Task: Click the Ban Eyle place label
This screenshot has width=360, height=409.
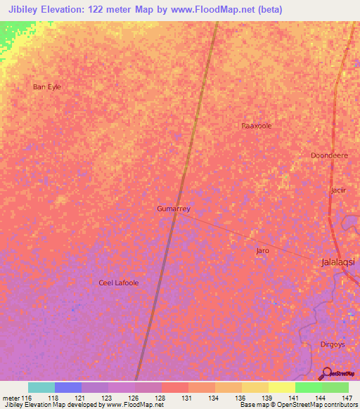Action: pyautogui.click(x=47, y=86)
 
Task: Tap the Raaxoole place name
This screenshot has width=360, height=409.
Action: pyautogui.click(x=257, y=126)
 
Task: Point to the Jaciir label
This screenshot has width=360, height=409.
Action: pyautogui.click(x=339, y=190)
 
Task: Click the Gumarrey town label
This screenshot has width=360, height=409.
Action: pyautogui.click(x=174, y=209)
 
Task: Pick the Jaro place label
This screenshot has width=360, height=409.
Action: pyautogui.click(x=262, y=250)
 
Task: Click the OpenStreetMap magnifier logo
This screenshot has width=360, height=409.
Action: pyautogui.click(x=326, y=373)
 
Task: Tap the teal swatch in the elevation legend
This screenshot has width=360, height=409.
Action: pyautogui.click(x=41, y=387)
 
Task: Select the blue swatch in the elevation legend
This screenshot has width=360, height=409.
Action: pyautogui.click(x=68, y=387)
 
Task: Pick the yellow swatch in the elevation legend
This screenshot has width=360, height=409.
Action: pyautogui.click(x=282, y=387)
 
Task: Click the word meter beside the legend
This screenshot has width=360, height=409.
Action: pyautogui.click(x=11, y=397)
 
